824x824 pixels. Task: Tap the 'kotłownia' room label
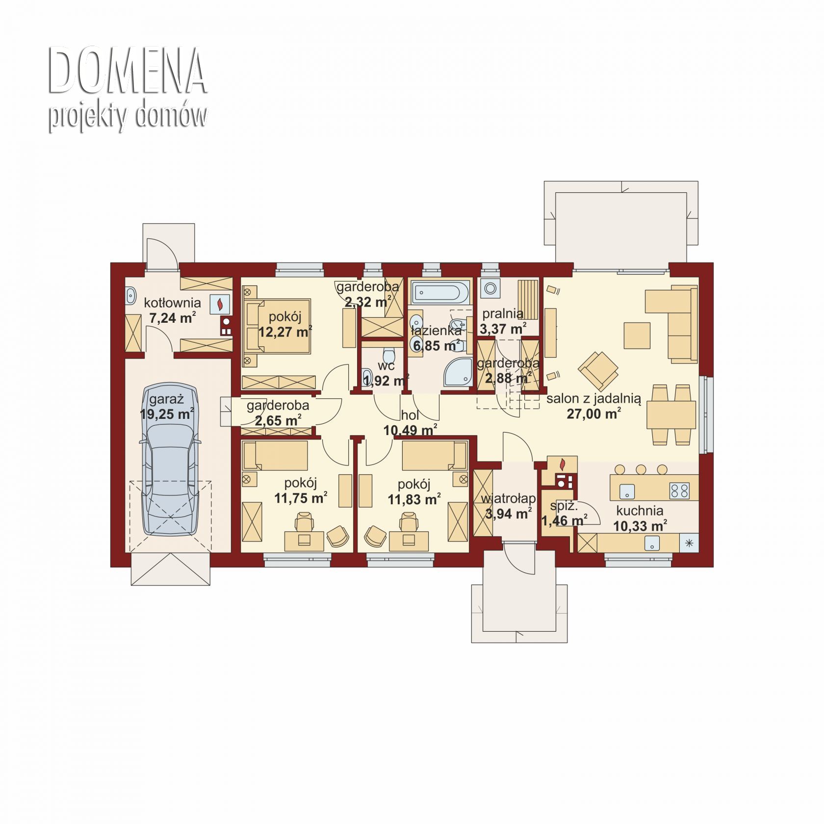[172, 303]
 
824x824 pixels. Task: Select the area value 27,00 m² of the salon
[594, 414]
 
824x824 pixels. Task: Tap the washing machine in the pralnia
[490, 288]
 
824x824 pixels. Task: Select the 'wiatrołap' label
[508, 499]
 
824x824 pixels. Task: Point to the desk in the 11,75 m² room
[304, 541]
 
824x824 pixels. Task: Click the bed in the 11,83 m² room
[434, 456]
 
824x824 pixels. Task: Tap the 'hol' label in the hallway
[410, 415]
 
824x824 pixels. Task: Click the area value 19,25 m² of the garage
[167, 414]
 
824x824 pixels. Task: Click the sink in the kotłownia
[131, 296]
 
